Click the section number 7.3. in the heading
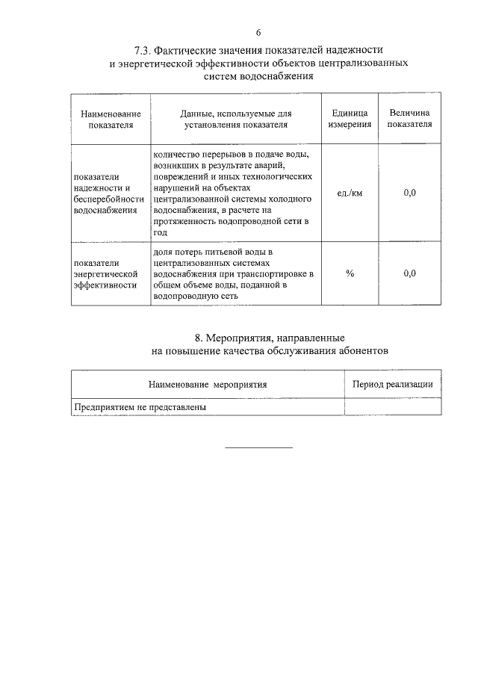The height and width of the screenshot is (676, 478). coord(143,51)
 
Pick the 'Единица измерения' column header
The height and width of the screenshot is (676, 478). coord(350,119)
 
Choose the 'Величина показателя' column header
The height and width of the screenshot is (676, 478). coord(409,119)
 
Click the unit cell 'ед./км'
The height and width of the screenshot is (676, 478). coord(350,193)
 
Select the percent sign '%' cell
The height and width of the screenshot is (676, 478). coord(350,273)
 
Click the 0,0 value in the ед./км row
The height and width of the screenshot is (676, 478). coord(409,193)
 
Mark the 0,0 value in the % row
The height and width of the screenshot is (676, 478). coord(409,273)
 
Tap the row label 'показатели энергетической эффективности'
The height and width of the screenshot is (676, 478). coord(105,274)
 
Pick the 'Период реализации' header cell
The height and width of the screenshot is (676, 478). coord(392,384)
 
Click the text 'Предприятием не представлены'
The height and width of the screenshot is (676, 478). coord(139,407)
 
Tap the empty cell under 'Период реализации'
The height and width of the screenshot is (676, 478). coord(392,407)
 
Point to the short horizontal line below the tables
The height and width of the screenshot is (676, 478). coord(258,447)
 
